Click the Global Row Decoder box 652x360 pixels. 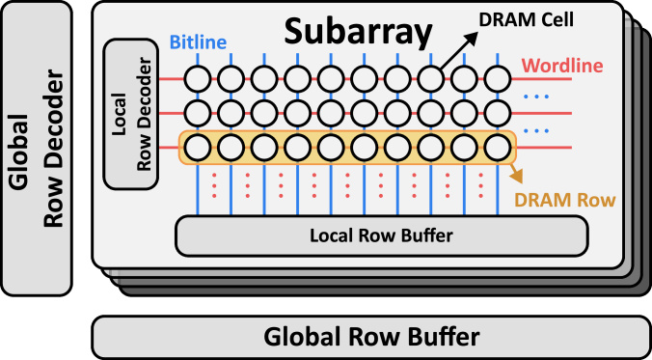(36, 149)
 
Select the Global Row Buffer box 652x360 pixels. (370, 337)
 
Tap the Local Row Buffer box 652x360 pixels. (381, 235)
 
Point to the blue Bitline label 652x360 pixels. (200, 43)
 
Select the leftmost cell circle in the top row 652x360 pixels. (198, 78)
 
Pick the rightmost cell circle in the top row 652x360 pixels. (497, 78)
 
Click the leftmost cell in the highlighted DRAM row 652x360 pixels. (198, 148)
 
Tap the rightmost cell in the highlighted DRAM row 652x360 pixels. (497, 148)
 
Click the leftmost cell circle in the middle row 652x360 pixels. (198, 113)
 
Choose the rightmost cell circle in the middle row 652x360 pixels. (497, 113)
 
